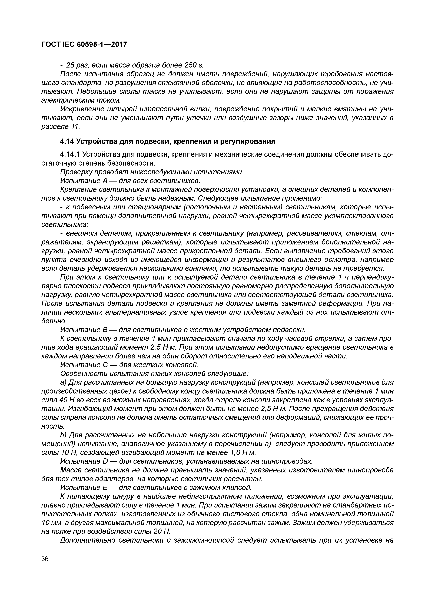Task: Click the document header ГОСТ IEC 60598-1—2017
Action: pyautogui.click(x=84, y=45)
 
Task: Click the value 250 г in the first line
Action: pyautogui.click(x=194, y=65)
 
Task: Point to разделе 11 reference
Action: pyautogui.click(x=61, y=126)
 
